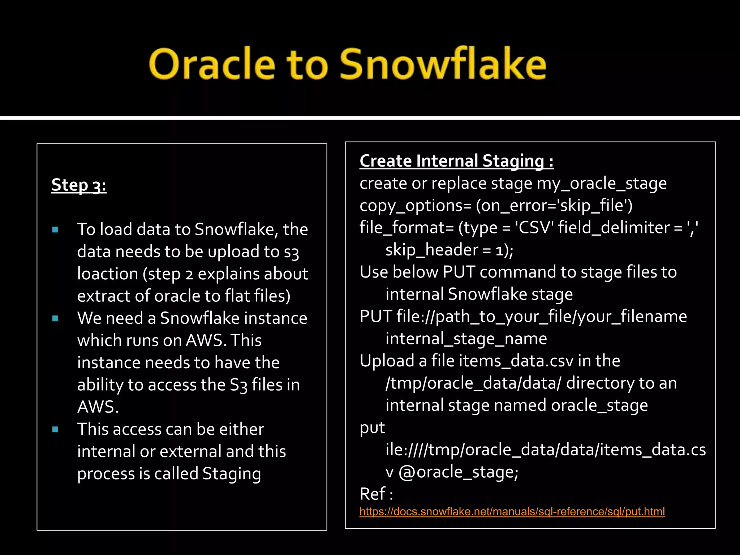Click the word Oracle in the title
point(212,64)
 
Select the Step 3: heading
point(79,185)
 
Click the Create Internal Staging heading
point(456,161)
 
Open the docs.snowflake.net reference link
point(512,512)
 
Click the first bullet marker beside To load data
point(55,229)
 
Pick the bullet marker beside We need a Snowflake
point(55,318)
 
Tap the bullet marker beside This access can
point(55,429)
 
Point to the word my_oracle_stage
point(601,184)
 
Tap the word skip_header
point(432,250)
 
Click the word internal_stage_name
point(466,339)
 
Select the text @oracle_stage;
point(458,472)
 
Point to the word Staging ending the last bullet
point(231,474)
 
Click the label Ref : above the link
point(376,494)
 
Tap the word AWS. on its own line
point(98,407)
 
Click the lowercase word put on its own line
point(372,428)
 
